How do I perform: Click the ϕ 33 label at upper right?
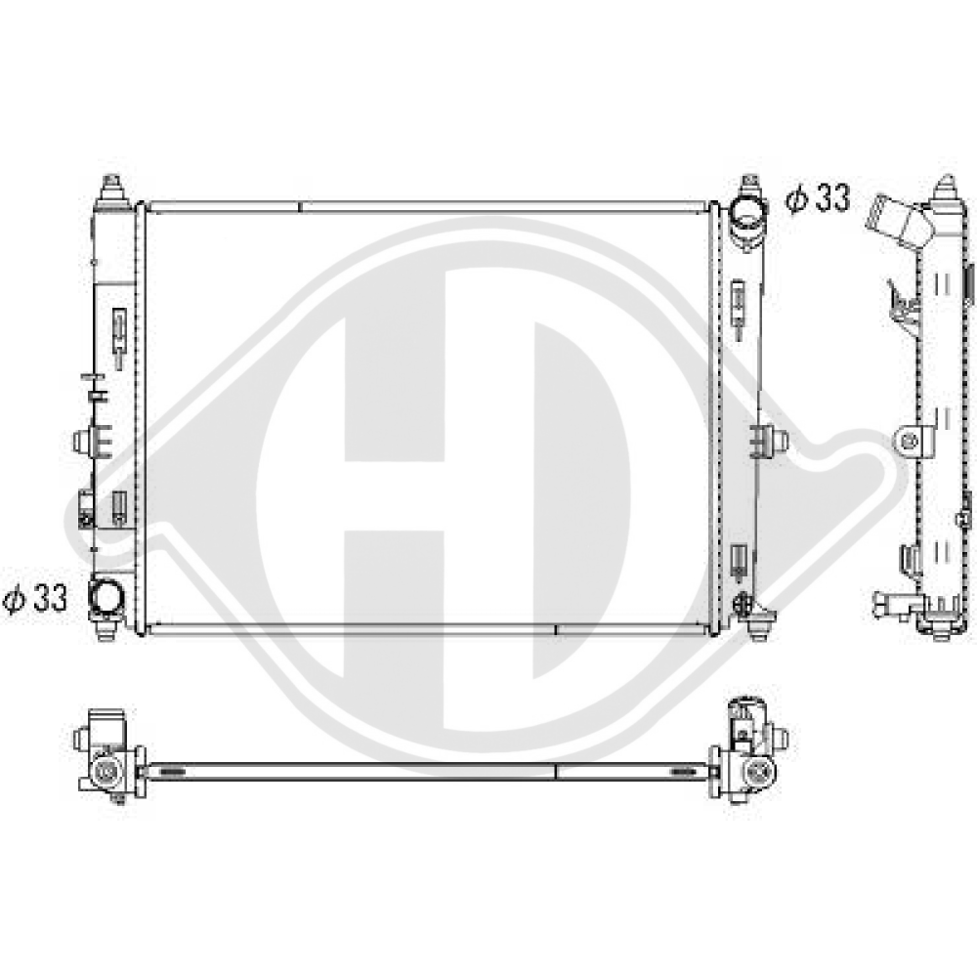(x=818, y=199)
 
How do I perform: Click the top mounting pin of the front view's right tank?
(x=748, y=186)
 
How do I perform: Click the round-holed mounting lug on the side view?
(x=911, y=441)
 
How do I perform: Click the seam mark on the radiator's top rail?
(x=299, y=207)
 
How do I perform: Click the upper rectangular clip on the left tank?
(x=119, y=324)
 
